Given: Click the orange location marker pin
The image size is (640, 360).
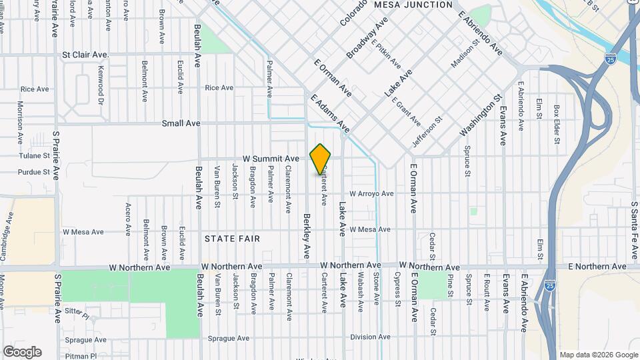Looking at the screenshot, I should (x=321, y=159).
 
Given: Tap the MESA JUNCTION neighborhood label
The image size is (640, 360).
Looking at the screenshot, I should (x=413, y=5).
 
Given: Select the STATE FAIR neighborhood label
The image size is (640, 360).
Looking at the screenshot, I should (x=232, y=238).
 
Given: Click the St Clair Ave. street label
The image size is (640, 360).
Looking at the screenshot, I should (x=85, y=55).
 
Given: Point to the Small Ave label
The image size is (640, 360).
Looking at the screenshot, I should (x=181, y=123).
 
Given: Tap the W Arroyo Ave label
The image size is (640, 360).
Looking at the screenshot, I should (x=372, y=193).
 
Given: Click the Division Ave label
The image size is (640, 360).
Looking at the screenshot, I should (x=370, y=337).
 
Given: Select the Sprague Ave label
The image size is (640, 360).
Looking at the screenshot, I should (x=227, y=339).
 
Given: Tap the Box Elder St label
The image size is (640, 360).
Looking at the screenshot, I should (x=555, y=122).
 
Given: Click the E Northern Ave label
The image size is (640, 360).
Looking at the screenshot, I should (x=597, y=267).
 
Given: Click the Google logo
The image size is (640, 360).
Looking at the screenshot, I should (x=22, y=351).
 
